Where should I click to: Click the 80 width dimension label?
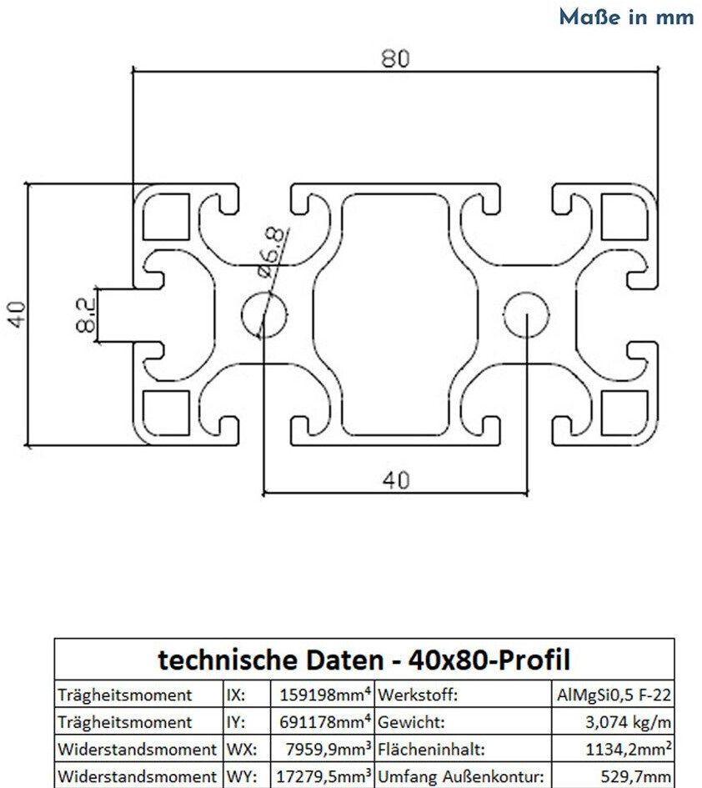(397, 59)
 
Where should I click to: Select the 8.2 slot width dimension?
(85, 314)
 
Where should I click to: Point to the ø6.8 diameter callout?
(272, 253)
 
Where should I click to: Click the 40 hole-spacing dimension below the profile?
(395, 479)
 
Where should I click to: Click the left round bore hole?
(263, 314)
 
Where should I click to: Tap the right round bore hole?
(527, 314)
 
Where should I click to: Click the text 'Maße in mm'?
(626, 17)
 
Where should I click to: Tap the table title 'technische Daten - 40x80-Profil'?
(364, 661)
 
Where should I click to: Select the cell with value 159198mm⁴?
(322, 695)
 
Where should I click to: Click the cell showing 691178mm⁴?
(322, 721)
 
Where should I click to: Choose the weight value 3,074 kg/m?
(626, 721)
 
